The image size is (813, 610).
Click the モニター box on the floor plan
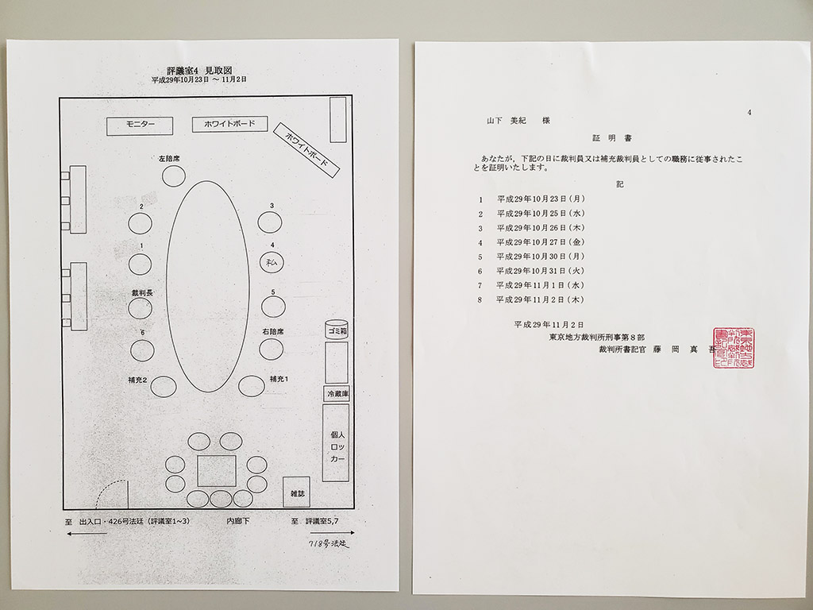[x=140, y=125]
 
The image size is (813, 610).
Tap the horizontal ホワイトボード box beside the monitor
[x=229, y=125]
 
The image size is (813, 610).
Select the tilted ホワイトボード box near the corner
[x=306, y=149]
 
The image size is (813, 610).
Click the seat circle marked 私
[x=271, y=261]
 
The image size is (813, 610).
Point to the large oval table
[x=208, y=286]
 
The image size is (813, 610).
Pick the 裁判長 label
[x=143, y=293]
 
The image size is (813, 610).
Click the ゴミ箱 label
[x=337, y=330]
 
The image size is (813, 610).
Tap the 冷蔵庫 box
[x=337, y=394]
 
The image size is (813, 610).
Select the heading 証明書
[x=611, y=137]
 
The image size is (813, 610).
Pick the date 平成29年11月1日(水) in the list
[x=540, y=285]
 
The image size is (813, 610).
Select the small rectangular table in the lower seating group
[x=217, y=470]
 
